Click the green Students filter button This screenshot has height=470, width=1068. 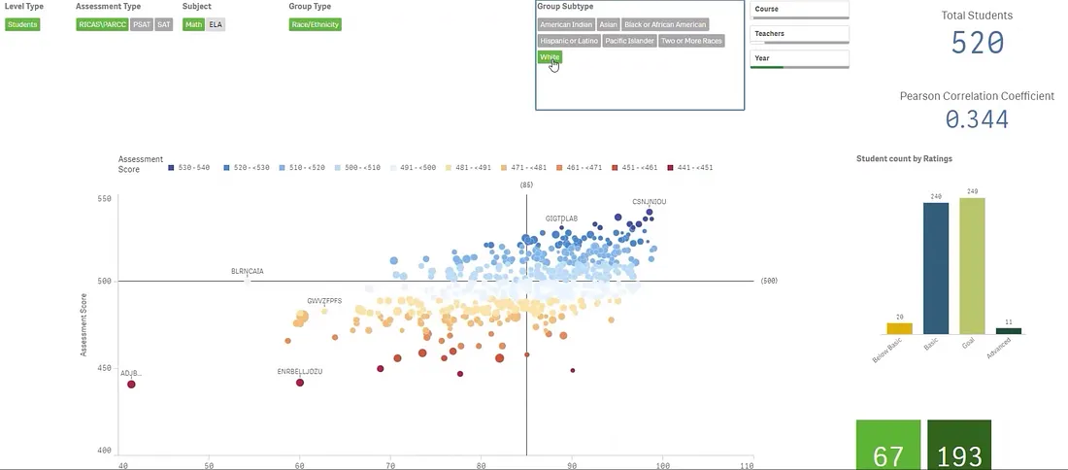(x=22, y=24)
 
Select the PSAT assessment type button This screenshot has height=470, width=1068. (x=142, y=24)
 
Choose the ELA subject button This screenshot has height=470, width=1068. (x=216, y=24)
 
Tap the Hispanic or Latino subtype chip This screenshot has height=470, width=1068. (x=569, y=41)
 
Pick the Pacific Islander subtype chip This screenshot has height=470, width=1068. (x=629, y=41)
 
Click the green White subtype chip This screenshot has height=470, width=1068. (x=550, y=57)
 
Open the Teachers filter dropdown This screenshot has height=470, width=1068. (x=800, y=34)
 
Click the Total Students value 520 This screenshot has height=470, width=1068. (x=977, y=43)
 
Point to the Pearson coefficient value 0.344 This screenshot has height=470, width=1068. (x=977, y=119)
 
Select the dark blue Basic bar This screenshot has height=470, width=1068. (x=936, y=268)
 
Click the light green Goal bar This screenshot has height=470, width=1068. (x=972, y=266)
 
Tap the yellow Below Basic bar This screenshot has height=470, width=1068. (x=899, y=329)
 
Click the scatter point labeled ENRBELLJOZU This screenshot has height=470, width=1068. (x=300, y=383)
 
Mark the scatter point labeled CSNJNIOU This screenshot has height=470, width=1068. (x=650, y=212)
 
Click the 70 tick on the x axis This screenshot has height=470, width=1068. (x=390, y=466)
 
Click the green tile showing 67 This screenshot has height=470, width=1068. (x=887, y=447)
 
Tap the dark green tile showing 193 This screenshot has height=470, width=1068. (x=959, y=447)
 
